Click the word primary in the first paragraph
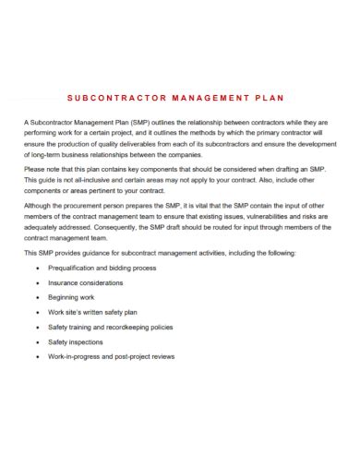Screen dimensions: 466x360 (262, 133)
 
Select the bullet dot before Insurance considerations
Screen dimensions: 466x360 (37, 283)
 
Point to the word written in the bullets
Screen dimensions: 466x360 (102, 313)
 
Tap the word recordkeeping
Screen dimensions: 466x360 (138, 328)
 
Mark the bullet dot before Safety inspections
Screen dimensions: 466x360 (37, 342)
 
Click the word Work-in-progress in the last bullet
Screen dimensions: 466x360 (81, 357)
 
